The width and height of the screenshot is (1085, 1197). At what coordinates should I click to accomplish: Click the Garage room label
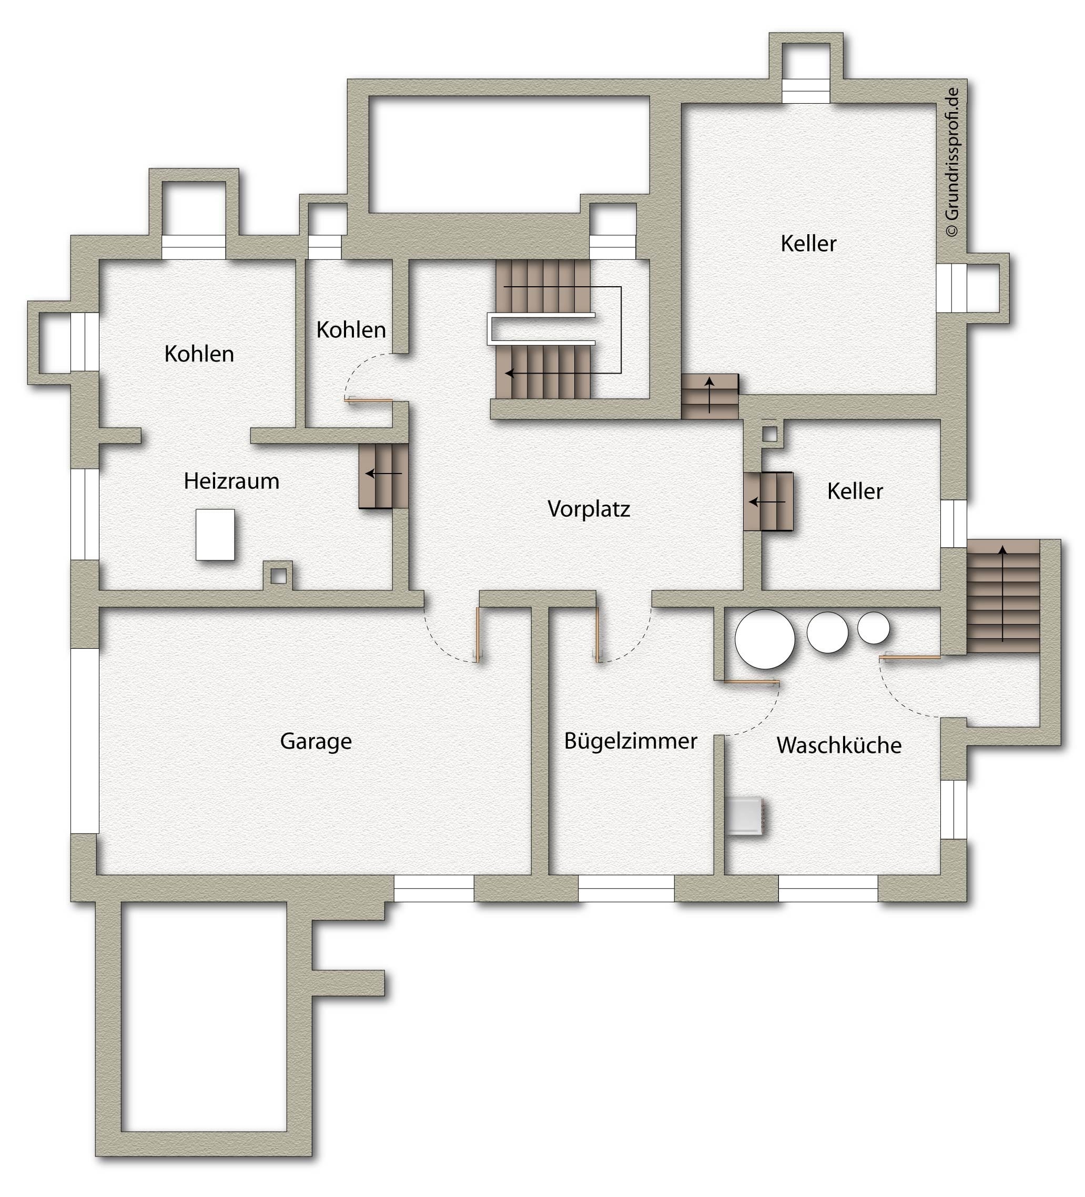[x=316, y=741]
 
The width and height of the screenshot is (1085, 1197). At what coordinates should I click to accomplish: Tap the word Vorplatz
[x=588, y=509]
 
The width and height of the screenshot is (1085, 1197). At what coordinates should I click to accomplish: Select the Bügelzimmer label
[x=631, y=741]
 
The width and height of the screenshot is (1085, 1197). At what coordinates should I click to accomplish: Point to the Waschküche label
[x=839, y=745]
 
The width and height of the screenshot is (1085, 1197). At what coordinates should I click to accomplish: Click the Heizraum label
[x=231, y=481]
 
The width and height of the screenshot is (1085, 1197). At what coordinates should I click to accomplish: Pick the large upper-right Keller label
[x=808, y=244]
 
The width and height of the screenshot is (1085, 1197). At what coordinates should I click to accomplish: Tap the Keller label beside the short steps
[x=855, y=491]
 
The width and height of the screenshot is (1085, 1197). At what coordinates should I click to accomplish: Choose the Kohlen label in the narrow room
[x=351, y=330]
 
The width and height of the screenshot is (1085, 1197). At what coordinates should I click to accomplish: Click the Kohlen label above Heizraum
[x=199, y=354]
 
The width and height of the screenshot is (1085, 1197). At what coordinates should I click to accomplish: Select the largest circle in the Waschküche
[x=765, y=639]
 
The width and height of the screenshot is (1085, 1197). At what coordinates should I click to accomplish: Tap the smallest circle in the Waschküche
[x=873, y=628]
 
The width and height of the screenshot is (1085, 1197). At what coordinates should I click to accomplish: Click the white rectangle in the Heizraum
[x=215, y=535]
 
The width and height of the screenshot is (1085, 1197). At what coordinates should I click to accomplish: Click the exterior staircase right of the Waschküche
[x=1003, y=596]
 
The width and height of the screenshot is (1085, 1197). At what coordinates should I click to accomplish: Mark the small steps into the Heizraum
[x=383, y=476]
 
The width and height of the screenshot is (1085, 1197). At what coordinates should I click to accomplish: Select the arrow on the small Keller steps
[x=767, y=502]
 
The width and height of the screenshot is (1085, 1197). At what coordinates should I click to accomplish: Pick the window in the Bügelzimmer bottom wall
[x=626, y=888]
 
